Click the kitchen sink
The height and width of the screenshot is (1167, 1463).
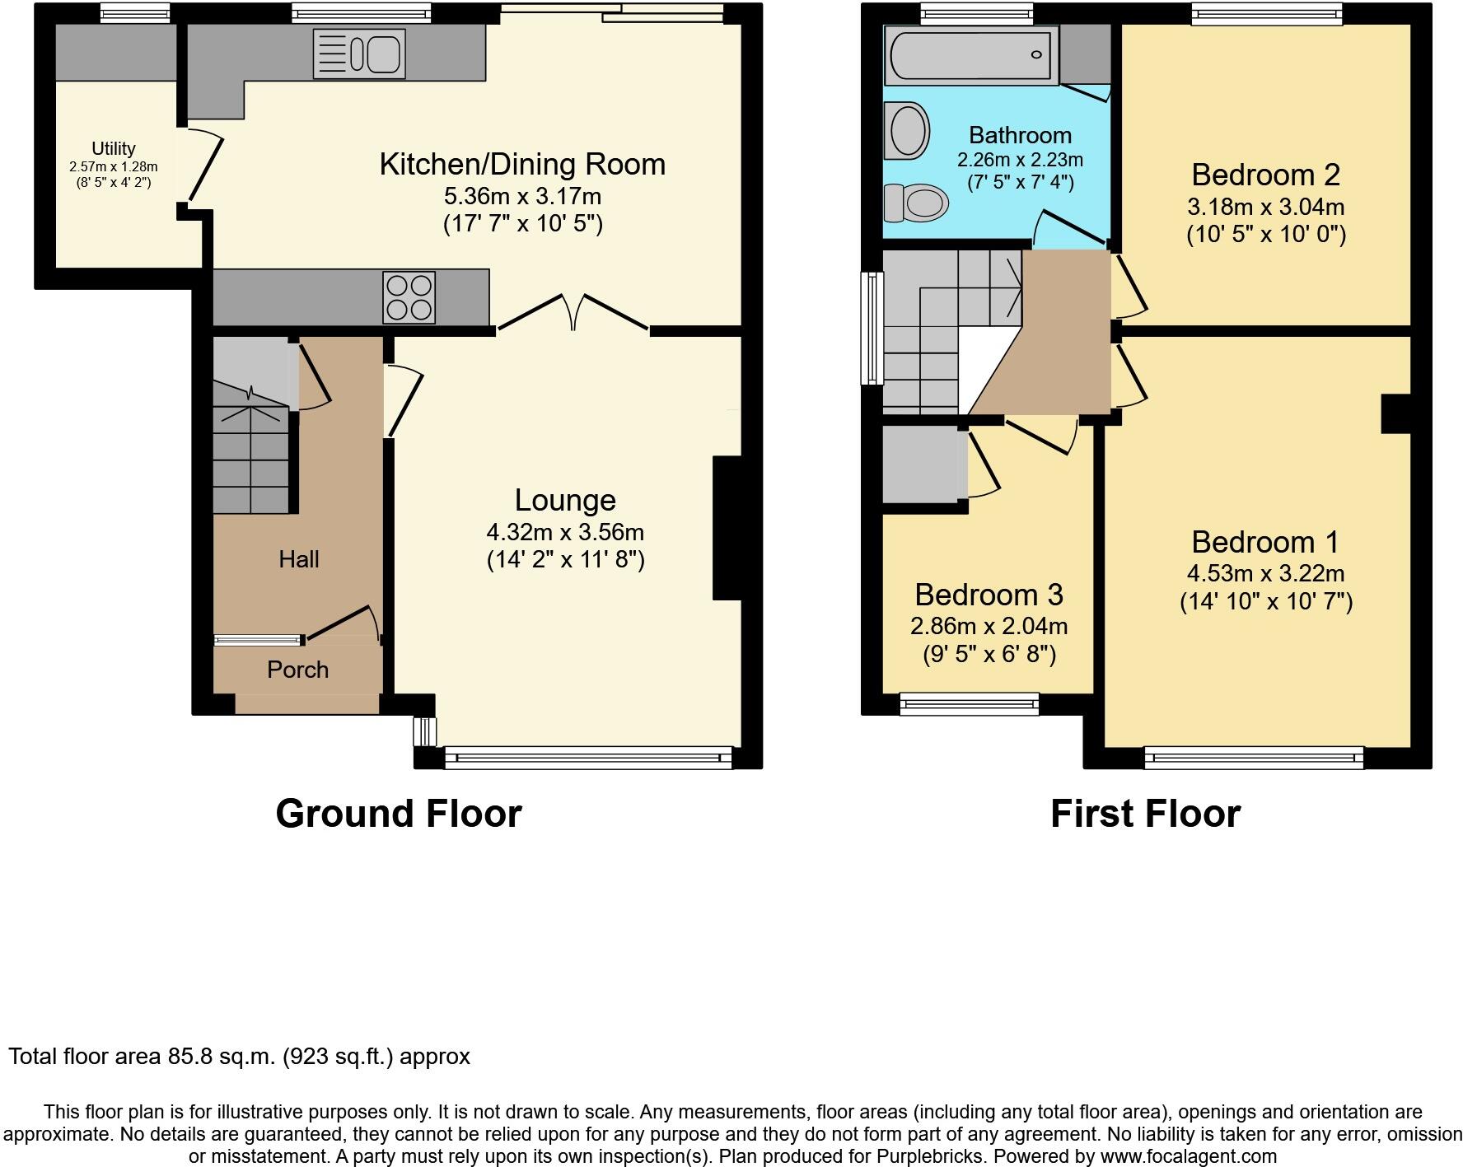359,54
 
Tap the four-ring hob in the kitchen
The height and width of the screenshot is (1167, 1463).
409,297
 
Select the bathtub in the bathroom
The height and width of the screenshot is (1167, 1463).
970,55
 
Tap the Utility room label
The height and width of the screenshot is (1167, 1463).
114,148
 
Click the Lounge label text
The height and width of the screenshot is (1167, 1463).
565,500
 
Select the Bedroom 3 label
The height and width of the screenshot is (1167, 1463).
989,594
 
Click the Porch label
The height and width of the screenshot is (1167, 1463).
297,670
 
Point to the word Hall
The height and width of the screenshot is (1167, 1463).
298,559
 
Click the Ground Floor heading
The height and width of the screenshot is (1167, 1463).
399,813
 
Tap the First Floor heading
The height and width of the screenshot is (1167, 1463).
1145,813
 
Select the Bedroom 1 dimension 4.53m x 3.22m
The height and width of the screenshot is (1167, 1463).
1265,573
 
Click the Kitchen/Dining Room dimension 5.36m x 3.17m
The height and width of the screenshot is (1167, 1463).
522,196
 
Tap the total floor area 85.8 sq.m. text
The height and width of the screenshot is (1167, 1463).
239,1056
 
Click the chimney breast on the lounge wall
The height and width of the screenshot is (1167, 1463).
727,527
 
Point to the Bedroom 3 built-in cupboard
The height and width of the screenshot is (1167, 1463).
924,464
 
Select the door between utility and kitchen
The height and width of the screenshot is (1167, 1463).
205,169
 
